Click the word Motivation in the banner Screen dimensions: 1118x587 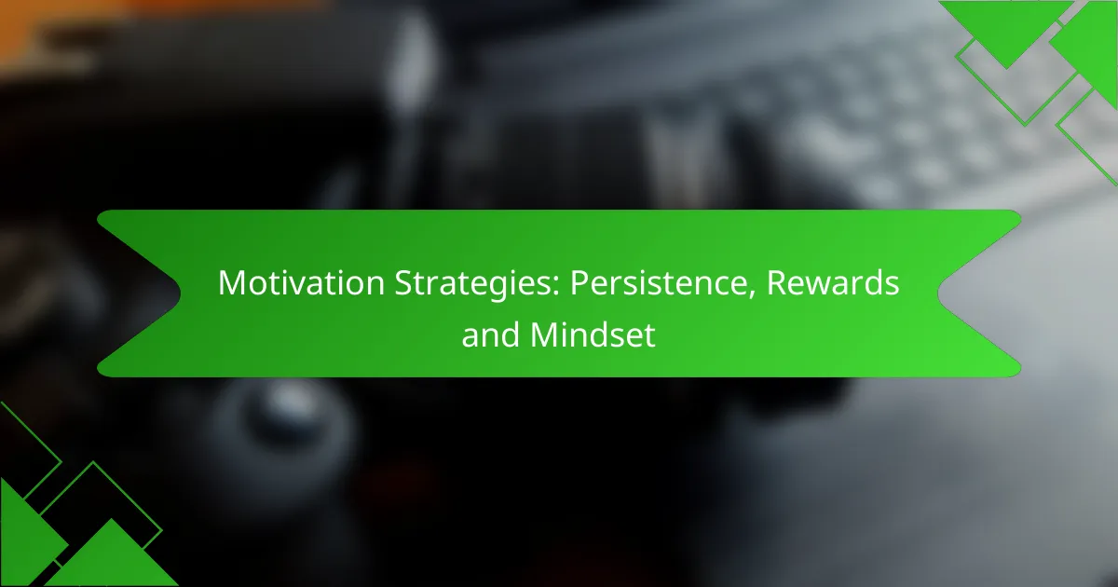(301, 283)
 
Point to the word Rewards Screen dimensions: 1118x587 (833, 283)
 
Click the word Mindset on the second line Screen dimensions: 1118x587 (593, 334)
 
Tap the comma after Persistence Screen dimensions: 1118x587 (751, 294)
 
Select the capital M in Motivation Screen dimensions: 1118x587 (232, 283)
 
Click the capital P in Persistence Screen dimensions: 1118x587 (579, 283)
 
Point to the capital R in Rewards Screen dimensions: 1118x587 (777, 283)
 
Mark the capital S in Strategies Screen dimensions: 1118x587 (403, 283)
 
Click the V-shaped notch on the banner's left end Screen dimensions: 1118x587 (181, 293)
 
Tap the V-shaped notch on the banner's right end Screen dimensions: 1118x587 (938, 293)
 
